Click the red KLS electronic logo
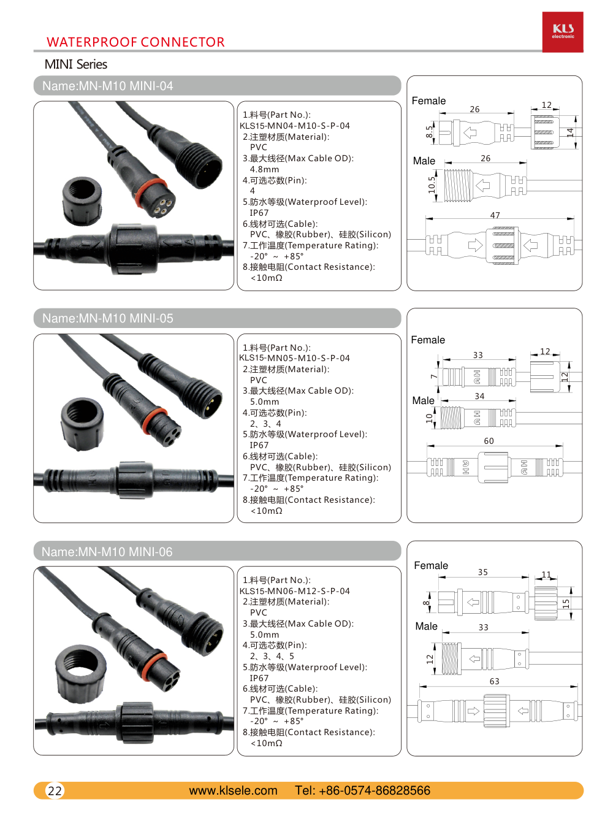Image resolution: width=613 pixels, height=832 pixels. [563, 32]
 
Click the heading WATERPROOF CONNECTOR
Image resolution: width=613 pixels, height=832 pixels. [135, 42]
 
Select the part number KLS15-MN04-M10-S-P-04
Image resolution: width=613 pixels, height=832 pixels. [294, 126]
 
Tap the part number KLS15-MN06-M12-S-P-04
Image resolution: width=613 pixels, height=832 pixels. [294, 591]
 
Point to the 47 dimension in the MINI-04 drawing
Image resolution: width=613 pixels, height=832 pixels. [495, 215]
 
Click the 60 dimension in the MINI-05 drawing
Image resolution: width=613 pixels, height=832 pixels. [489, 441]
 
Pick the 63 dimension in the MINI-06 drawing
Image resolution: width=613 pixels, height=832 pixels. [494, 681]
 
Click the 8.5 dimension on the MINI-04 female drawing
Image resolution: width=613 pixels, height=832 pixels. [429, 132]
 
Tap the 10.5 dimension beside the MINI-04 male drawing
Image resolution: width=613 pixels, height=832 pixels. [432, 185]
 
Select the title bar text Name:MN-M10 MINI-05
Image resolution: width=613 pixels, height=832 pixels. [108, 318]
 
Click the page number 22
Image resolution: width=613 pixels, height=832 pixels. [55, 791]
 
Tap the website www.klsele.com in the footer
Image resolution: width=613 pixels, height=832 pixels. [233, 790]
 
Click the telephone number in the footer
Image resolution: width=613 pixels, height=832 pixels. [362, 790]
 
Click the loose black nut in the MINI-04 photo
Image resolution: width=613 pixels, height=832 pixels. [82, 200]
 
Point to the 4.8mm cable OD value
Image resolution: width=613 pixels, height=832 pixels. [264, 169]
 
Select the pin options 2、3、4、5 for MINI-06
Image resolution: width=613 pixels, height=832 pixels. [272, 656]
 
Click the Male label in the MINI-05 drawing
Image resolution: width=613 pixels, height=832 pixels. [423, 400]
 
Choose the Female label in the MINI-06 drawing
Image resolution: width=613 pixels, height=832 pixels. [431, 565]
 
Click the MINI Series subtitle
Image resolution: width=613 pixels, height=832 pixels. [76, 64]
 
